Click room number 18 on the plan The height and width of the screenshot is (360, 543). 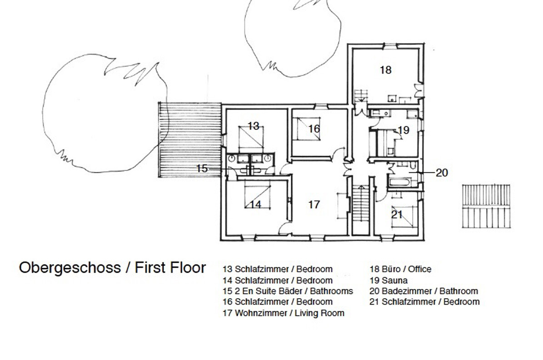[385, 70]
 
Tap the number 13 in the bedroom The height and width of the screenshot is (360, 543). [254, 126]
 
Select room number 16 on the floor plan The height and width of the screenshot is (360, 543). [314, 129]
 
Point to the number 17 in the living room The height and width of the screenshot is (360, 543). [314, 205]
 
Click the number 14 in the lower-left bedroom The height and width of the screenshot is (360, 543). [255, 205]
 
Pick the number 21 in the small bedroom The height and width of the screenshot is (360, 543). [397, 215]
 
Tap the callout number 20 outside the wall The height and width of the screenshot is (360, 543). [442, 173]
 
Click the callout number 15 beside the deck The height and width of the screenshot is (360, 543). [202, 168]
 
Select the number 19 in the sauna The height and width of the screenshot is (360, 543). [404, 130]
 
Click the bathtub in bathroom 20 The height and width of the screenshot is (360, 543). [399, 182]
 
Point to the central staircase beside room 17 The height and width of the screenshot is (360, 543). [360, 203]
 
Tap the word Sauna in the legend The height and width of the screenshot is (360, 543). [394, 280]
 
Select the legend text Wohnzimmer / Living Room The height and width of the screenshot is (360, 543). [289, 313]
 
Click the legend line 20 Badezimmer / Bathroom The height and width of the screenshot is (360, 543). [424, 291]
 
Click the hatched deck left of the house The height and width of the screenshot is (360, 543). [190, 139]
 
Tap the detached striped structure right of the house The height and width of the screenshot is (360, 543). [487, 206]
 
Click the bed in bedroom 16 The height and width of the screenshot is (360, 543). [306, 129]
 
